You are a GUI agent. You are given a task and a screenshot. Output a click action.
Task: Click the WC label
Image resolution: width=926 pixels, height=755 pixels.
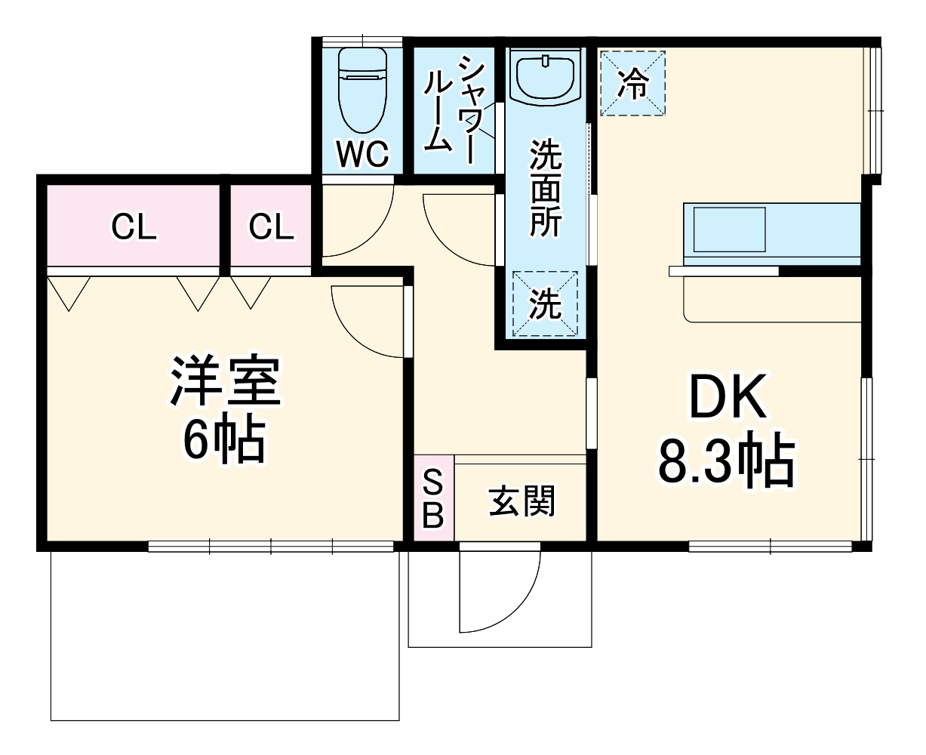[362, 155]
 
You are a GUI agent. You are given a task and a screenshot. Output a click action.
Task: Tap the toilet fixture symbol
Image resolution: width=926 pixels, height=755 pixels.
[362, 89]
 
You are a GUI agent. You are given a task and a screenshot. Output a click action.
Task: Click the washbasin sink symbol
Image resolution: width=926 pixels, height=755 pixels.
[546, 75]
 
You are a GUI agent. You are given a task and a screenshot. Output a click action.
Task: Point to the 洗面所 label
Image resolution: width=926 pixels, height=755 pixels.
[545, 189]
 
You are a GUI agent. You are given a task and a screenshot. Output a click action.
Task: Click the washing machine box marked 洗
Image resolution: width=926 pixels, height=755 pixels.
[545, 304]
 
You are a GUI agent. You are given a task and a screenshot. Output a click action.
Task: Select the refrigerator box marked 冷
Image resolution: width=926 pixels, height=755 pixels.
[632, 83]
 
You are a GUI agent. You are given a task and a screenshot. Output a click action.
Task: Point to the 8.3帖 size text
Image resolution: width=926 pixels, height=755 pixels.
[726, 461]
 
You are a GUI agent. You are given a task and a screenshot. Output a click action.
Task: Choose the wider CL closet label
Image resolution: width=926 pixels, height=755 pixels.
[134, 226]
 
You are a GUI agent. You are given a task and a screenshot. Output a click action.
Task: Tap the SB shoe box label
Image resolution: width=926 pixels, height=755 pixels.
[433, 498]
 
